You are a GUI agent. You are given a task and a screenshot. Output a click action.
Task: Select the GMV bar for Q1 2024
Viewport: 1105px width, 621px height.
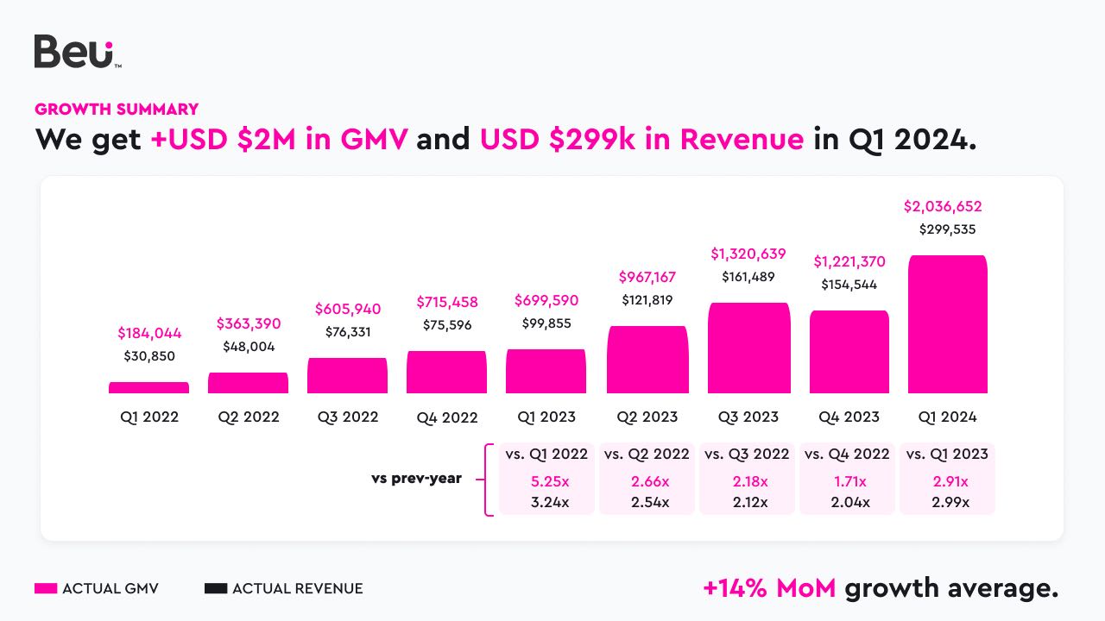point(947,325)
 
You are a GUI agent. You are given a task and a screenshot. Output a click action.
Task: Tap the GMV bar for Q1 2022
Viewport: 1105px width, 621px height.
point(148,388)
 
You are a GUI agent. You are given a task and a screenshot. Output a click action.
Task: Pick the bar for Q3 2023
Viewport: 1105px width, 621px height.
point(748,348)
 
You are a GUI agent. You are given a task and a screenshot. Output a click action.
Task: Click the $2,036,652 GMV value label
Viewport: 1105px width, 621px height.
point(943,207)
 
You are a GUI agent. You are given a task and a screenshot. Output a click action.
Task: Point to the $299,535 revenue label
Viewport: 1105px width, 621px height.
point(947,229)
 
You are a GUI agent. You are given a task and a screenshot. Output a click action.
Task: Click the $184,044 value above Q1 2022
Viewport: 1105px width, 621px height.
point(149,333)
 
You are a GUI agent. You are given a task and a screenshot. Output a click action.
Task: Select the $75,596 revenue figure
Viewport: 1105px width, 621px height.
point(446,325)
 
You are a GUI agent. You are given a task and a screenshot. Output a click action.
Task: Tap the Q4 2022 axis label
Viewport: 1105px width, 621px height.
point(446,417)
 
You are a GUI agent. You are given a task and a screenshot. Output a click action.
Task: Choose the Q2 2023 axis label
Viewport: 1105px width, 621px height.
point(647,417)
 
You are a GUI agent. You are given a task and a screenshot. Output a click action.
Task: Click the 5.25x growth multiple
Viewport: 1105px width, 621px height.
point(546,481)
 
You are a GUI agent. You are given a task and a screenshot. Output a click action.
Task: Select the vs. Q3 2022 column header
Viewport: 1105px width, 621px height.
point(747,455)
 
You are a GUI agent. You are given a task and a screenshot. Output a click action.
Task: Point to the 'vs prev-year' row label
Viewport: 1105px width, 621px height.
point(416,479)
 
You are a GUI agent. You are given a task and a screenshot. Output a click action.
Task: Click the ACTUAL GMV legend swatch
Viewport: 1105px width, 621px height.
point(46,589)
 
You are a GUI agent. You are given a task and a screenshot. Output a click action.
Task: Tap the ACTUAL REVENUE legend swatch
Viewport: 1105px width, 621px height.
point(216,589)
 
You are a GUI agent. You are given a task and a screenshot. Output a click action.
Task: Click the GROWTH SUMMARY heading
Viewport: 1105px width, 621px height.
point(117,110)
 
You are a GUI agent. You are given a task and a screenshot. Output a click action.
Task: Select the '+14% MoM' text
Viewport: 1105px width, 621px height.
point(769,588)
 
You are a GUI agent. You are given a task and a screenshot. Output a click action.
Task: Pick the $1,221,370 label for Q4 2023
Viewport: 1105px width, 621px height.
point(849,262)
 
